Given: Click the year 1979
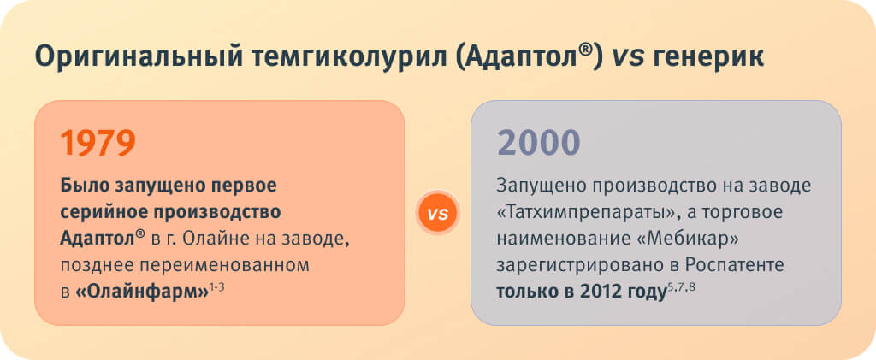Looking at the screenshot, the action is (x=98, y=143).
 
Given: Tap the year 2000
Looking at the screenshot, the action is (x=539, y=143).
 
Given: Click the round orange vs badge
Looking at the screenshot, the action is (x=437, y=213).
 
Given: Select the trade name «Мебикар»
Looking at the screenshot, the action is (x=693, y=239).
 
